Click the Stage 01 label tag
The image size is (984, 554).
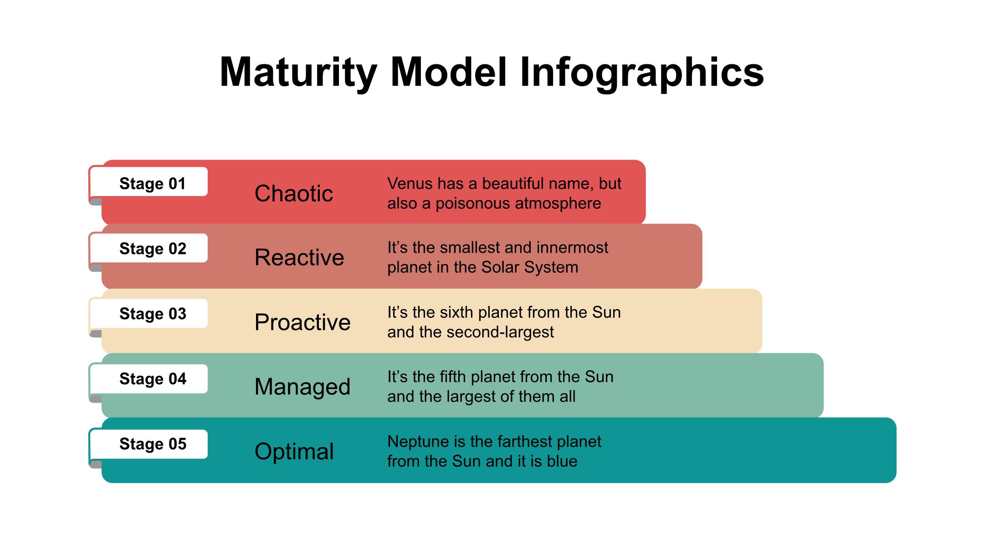149,183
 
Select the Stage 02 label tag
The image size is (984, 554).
149,249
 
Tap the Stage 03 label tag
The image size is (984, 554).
149,314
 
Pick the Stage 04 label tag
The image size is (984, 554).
149,379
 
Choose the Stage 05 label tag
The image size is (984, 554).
149,444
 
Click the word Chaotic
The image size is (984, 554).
294,193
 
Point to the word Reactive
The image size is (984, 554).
299,258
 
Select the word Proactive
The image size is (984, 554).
302,322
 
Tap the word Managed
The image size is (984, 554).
302,387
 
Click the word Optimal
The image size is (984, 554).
294,451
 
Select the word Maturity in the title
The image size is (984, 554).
298,72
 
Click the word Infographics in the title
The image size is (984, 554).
641,72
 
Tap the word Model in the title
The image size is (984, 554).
448,72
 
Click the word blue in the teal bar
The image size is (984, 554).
562,461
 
